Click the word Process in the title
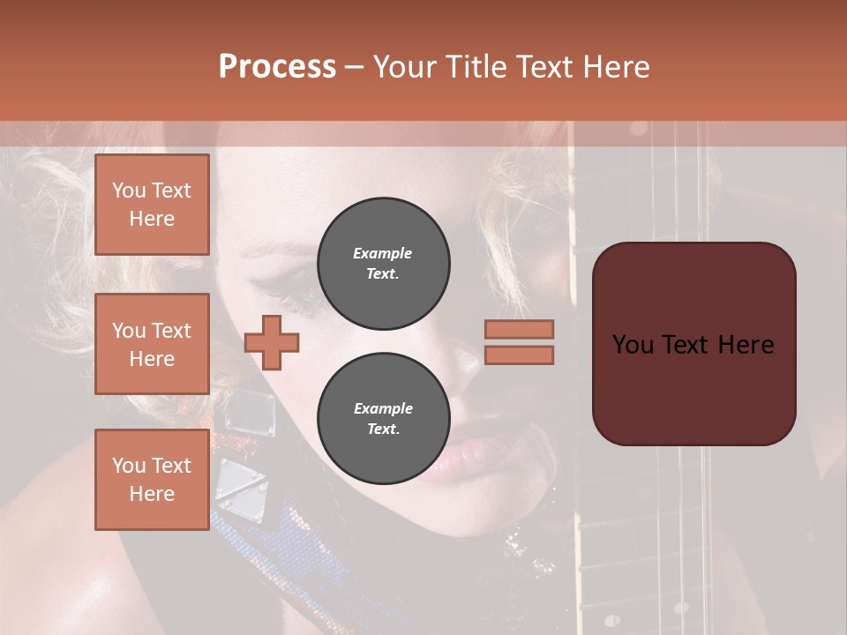(277, 67)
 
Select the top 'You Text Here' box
(152, 205)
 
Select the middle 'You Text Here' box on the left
(152, 344)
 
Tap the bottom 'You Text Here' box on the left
(152, 479)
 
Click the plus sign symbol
(272, 342)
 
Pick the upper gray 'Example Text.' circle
(383, 263)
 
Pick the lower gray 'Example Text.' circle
(383, 418)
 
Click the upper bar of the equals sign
(519, 329)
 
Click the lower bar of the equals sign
(519, 355)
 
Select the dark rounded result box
(693, 343)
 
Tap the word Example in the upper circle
(383, 253)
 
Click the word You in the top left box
(128, 190)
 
